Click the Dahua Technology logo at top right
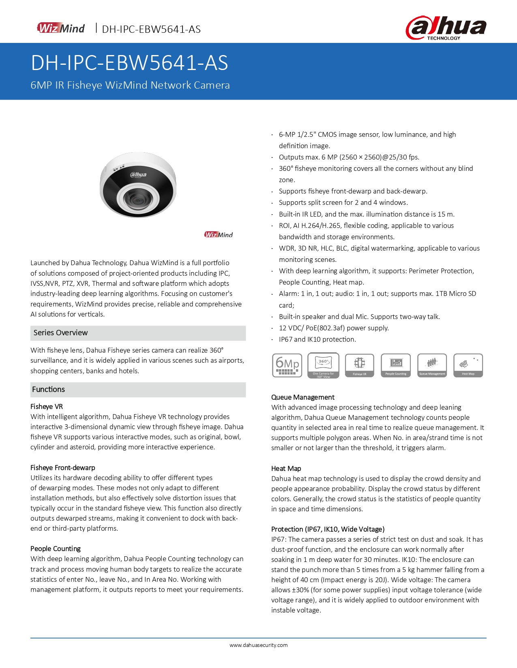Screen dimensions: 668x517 click(446, 28)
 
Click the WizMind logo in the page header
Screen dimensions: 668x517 click(61, 28)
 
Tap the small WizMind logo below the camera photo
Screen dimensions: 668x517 click(219, 235)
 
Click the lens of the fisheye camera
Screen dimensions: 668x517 click(136, 198)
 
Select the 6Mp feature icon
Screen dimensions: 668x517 click(287, 366)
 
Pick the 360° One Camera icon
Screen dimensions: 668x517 click(323, 366)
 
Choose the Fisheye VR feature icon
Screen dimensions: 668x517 click(359, 366)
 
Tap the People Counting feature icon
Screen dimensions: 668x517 click(395, 366)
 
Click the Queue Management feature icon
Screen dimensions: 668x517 click(432, 366)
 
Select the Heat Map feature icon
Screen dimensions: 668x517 click(468, 366)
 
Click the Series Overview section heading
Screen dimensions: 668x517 click(61, 333)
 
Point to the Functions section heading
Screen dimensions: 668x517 click(49, 389)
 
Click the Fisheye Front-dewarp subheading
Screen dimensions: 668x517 click(63, 468)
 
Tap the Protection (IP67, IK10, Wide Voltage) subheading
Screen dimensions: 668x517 click(328, 529)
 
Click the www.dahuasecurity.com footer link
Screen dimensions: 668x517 click(258, 645)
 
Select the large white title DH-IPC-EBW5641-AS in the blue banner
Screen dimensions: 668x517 click(130, 63)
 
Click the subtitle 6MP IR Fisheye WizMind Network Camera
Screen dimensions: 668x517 click(130, 85)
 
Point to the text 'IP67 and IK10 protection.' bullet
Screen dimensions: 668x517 click(317, 339)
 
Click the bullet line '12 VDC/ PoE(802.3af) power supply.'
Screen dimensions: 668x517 click(334, 328)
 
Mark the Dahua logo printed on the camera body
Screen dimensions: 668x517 click(138, 175)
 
